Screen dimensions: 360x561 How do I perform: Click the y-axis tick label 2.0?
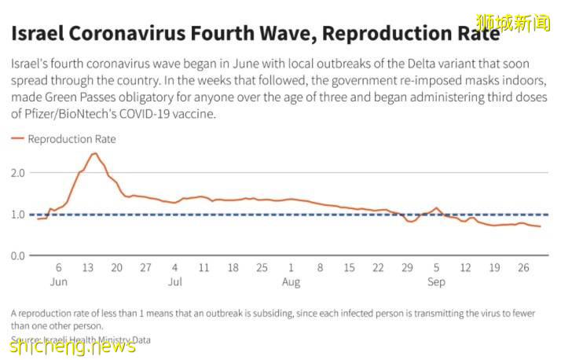click(18, 172)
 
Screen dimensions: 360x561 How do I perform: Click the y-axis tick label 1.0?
click(18, 214)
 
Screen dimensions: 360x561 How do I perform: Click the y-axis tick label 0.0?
click(18, 255)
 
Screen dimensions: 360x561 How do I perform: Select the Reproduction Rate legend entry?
click(71, 139)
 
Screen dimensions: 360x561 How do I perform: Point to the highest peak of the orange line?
click(94, 153)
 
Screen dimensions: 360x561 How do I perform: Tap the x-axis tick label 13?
click(88, 267)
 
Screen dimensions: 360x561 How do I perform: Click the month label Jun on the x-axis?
click(59, 281)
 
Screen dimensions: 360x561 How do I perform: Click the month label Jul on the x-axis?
click(175, 281)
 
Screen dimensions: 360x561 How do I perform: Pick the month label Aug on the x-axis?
click(291, 281)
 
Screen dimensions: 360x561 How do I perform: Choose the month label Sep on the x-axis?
click(436, 281)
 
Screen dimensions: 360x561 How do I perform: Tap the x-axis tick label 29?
click(407, 267)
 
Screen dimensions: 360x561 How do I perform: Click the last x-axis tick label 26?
click(523, 267)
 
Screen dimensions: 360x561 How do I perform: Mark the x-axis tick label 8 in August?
click(320, 267)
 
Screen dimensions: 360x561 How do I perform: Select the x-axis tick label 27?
click(146, 267)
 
